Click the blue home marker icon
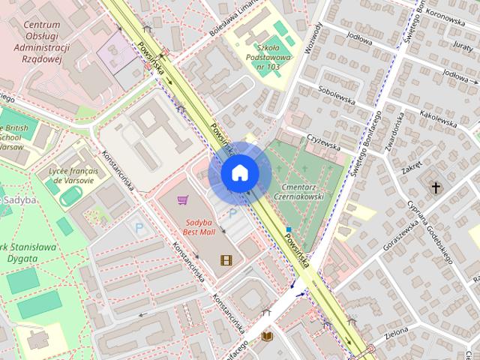[240, 173]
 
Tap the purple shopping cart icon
[182, 200]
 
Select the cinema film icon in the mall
[226, 260]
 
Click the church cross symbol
[436, 187]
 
